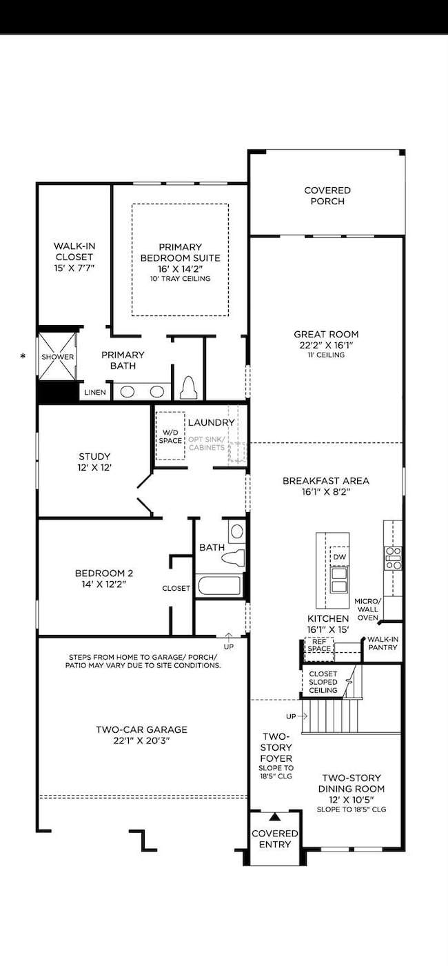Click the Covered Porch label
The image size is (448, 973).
(x=327, y=196)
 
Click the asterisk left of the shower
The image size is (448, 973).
(x=24, y=356)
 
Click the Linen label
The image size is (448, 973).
(x=95, y=392)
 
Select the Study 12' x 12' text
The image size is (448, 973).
(x=95, y=467)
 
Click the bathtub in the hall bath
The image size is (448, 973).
(x=219, y=586)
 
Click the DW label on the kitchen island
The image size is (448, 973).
(x=338, y=557)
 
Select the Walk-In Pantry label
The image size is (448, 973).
(x=383, y=644)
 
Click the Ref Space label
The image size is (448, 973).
(x=319, y=645)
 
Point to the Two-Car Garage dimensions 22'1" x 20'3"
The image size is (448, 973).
(x=142, y=740)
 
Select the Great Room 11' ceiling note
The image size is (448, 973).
(x=326, y=355)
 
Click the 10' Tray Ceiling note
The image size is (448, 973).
(x=180, y=279)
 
